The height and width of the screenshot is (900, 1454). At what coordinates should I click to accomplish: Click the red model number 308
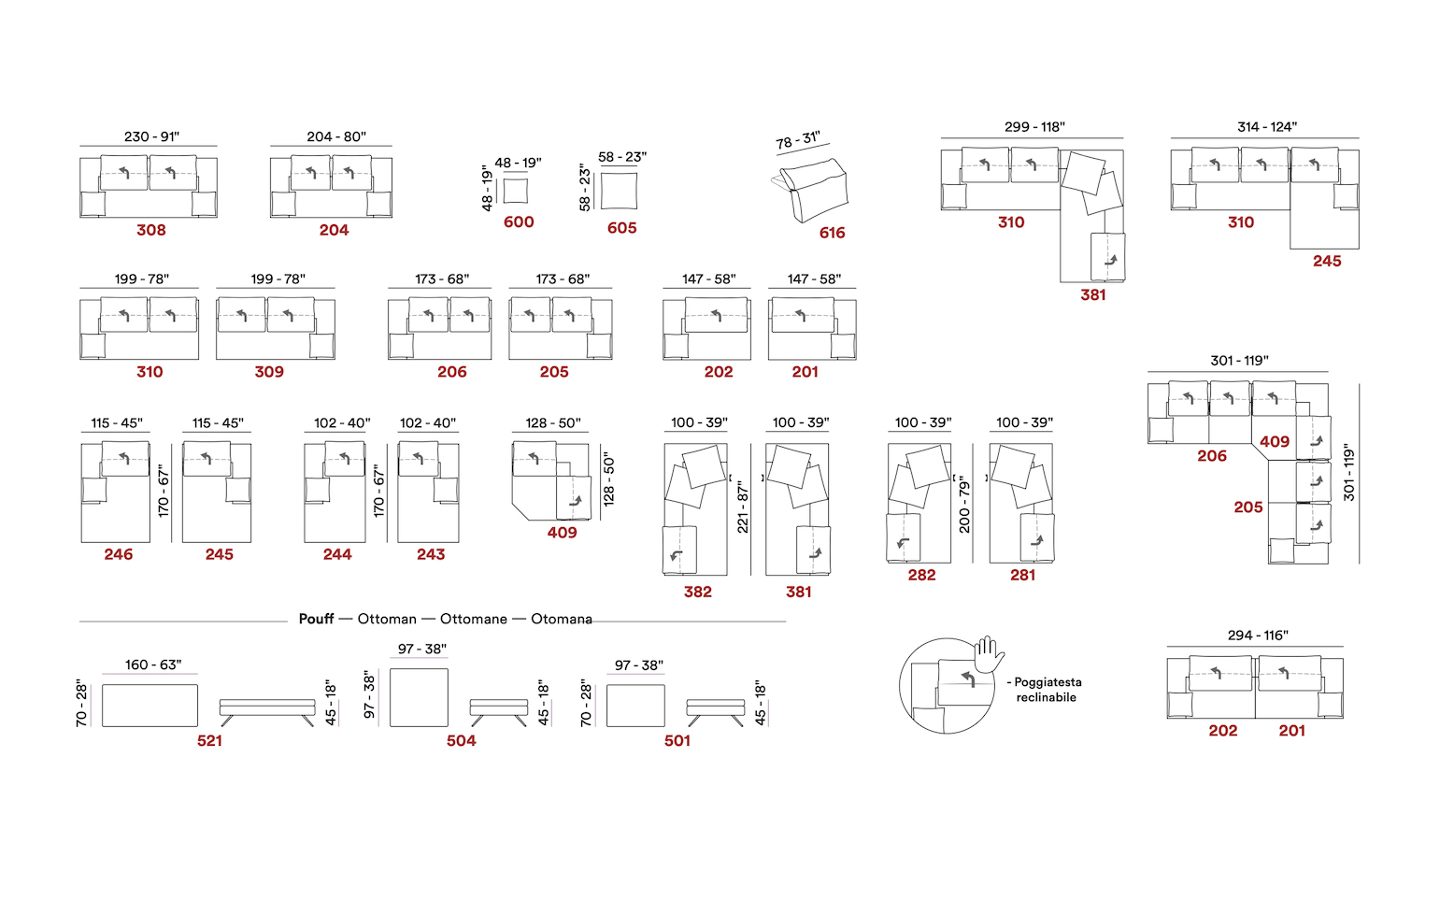151,230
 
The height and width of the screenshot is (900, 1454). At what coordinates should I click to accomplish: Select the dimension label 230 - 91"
152,136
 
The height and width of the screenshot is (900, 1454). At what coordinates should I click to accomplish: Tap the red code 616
833,233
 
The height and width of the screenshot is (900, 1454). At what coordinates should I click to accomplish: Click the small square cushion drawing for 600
516,191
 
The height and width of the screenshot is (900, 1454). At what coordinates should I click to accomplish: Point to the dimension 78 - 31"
798,139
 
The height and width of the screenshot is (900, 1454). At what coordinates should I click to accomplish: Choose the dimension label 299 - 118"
1034,126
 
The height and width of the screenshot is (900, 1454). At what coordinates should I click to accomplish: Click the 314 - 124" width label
1267,126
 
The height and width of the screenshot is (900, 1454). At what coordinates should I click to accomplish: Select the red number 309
269,372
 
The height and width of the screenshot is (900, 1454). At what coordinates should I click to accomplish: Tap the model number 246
118,554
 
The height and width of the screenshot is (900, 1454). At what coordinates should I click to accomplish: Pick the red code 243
431,554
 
